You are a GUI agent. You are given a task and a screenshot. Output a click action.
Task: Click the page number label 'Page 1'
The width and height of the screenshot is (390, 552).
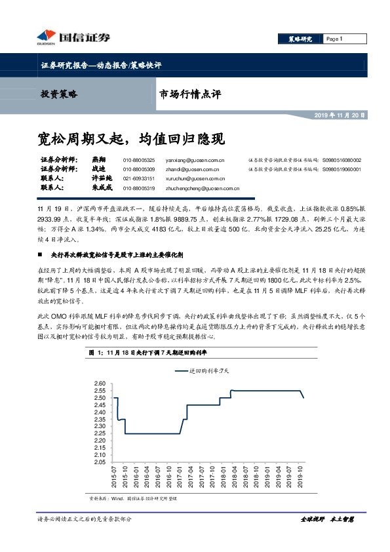(334, 39)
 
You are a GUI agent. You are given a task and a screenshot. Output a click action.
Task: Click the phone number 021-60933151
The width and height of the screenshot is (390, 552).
(139, 178)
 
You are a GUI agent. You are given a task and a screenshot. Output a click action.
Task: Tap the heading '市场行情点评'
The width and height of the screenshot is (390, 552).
(191, 94)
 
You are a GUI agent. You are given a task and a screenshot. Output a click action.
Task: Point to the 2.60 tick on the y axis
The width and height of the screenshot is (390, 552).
(100, 384)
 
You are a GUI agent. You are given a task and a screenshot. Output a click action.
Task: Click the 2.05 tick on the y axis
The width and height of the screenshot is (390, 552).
(100, 462)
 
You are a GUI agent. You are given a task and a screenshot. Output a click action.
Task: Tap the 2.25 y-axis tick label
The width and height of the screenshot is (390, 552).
(100, 433)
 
